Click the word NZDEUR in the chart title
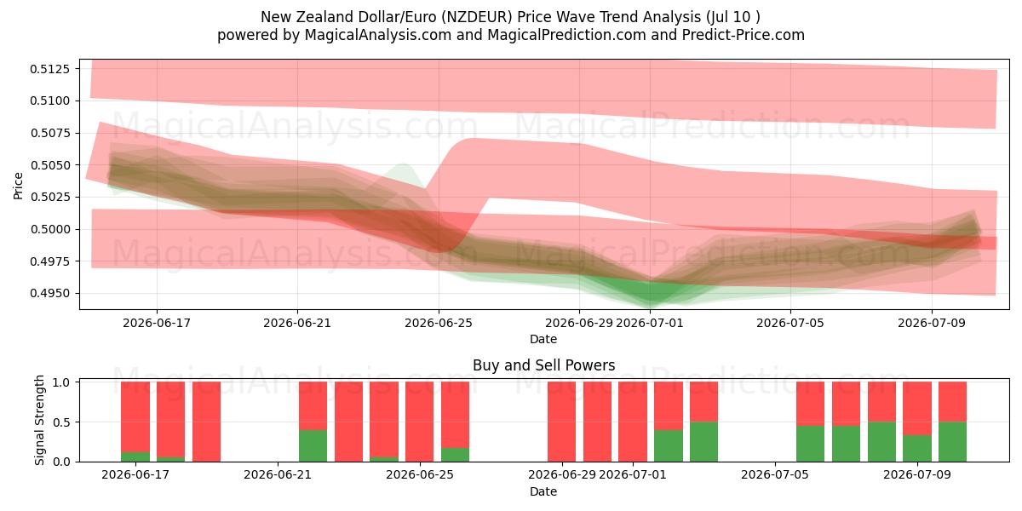pos(476,17)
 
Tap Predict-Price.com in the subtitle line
pos(744,35)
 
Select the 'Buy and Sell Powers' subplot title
pos(544,365)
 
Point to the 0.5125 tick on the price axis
pos(49,69)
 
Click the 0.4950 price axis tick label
pos(49,293)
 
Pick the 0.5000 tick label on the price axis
pos(49,229)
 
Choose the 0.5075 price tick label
pos(49,133)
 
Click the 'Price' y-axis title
pos(18,186)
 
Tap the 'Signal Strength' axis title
pos(39,420)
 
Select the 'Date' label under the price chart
pos(543,339)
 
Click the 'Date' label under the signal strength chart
pos(543,491)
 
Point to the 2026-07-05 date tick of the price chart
pos(790,323)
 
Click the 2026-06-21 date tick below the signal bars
pos(278,474)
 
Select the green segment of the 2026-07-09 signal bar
pos(917,449)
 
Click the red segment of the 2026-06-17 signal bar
pos(135,417)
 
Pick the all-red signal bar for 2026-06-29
pos(561,422)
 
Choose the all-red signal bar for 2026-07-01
pos(633,422)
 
